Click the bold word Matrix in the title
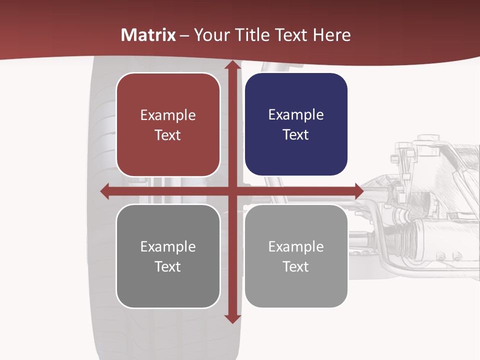click(x=148, y=35)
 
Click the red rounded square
click(x=168, y=125)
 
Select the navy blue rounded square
click(x=296, y=124)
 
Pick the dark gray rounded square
click(x=168, y=256)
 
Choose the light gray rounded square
click(x=296, y=256)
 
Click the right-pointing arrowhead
click(x=358, y=191)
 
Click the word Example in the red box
click(x=168, y=115)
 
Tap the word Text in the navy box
click(x=296, y=134)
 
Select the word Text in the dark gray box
click(x=168, y=266)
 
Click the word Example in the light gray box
click(x=296, y=246)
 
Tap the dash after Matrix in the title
click(x=184, y=35)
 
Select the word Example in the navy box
click(x=296, y=115)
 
